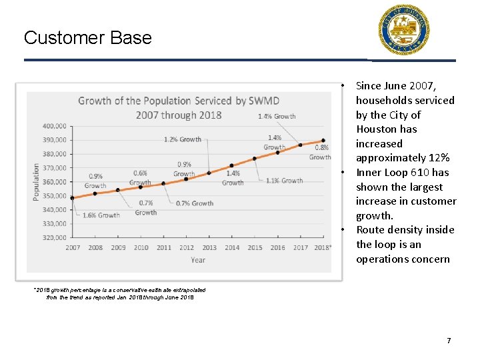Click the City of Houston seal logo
(405, 30)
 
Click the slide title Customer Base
(87, 37)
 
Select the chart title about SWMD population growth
(179, 107)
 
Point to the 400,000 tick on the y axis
(54, 126)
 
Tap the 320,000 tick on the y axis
(54, 237)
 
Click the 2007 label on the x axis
(73, 248)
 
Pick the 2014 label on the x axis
(231, 248)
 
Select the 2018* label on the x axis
(323, 248)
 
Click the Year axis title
(198, 260)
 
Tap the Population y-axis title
(36, 181)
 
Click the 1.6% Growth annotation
(101, 215)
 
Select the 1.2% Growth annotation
(182, 139)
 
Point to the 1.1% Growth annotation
(284, 181)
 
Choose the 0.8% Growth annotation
(320, 153)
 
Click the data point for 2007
(73, 198)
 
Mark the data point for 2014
(231, 165)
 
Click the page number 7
(449, 341)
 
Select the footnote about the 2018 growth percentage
(120, 294)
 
